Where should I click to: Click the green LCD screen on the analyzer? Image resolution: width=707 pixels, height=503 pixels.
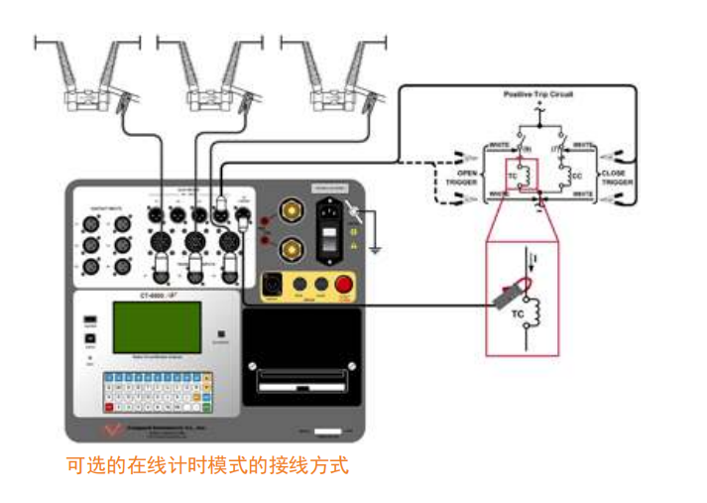[x=157, y=327]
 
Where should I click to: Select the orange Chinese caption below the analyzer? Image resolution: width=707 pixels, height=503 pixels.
[x=207, y=464]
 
